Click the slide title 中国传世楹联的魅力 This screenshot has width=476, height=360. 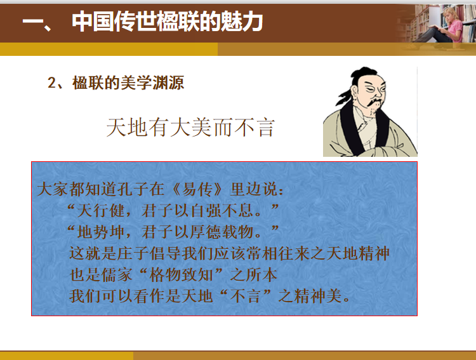click(168, 21)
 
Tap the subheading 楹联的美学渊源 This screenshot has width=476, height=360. click(128, 83)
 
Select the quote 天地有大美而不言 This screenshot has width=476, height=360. click(190, 127)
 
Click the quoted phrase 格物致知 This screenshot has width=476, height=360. click(182, 275)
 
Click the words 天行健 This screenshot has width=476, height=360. click(101, 211)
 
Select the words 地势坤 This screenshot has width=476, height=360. click(101, 232)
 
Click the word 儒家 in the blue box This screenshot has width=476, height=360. click(117, 275)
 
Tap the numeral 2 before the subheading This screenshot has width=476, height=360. click(51, 83)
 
